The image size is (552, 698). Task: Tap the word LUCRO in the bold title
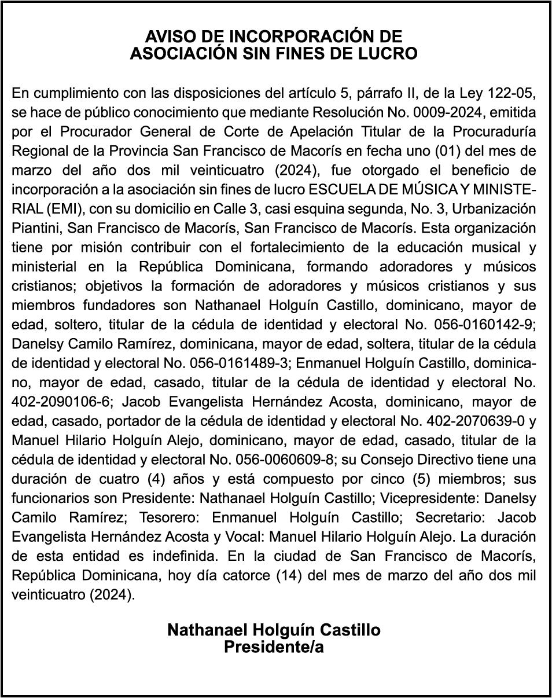pos(390,54)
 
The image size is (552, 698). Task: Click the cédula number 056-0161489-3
pos(233,363)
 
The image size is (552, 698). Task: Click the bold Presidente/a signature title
pos(274,648)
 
